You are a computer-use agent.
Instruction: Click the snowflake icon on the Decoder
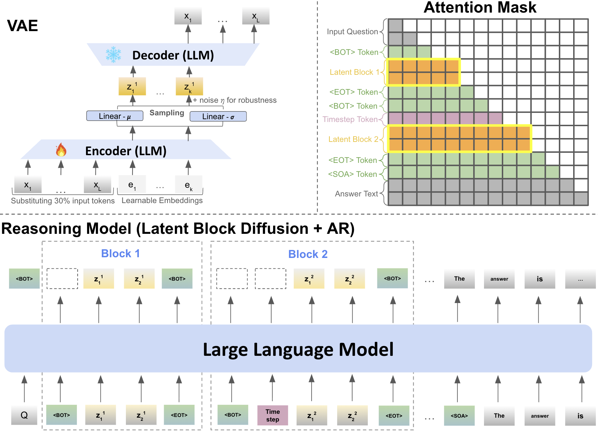pyautogui.click(x=113, y=55)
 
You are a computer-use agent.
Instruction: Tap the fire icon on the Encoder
pyautogui.click(x=61, y=150)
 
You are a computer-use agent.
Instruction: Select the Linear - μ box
pyautogui.click(x=115, y=116)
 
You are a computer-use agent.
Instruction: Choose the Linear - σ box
pyautogui.click(x=218, y=116)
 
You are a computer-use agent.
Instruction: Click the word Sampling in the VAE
pyautogui.click(x=167, y=113)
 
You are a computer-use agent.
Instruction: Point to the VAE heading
pyautogui.click(x=22, y=26)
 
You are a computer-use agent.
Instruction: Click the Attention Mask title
pyautogui.click(x=480, y=8)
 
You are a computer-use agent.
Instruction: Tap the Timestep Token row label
pyautogui.click(x=350, y=120)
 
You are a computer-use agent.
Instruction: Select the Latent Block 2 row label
pyautogui.click(x=353, y=139)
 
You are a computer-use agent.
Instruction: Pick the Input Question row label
pyautogui.click(x=352, y=32)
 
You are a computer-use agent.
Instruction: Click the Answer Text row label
pyautogui.click(x=356, y=194)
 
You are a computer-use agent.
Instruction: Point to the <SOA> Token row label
pyautogui.click(x=352, y=174)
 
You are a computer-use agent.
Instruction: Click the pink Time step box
pyautogui.click(x=272, y=415)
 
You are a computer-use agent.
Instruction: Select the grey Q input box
pyautogui.click(x=24, y=415)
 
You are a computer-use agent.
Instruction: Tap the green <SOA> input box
pyautogui.click(x=459, y=416)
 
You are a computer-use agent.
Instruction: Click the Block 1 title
pyautogui.click(x=120, y=253)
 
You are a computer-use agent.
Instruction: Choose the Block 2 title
pyautogui.click(x=308, y=254)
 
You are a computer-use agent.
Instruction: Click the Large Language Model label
pyautogui.click(x=298, y=349)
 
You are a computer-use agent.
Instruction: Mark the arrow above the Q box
pyautogui.click(x=24, y=389)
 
